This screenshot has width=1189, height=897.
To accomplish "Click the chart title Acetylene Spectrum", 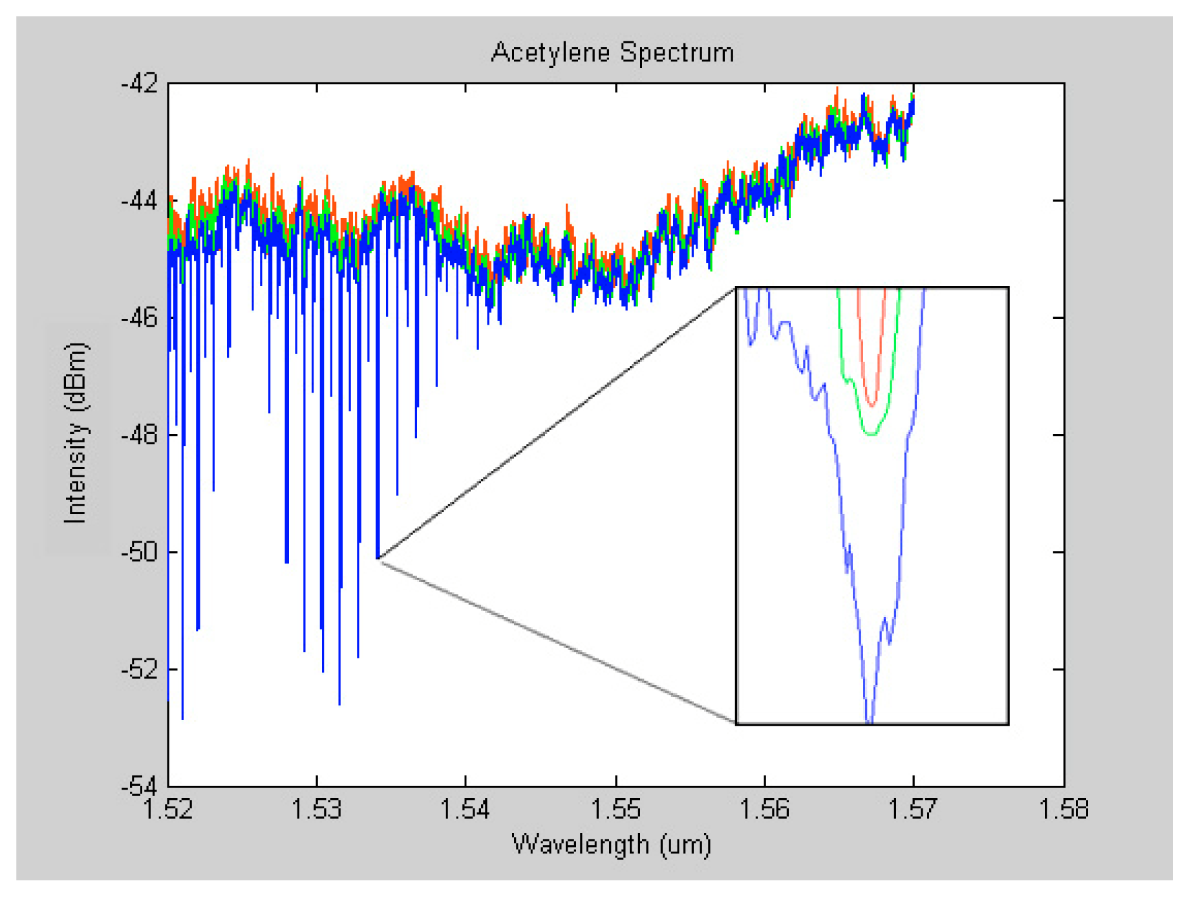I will coord(612,52).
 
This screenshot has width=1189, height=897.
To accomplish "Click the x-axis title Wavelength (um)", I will coord(611,844).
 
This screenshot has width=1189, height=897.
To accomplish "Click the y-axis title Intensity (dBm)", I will coord(76,432).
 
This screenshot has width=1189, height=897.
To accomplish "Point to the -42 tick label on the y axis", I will coord(139,83).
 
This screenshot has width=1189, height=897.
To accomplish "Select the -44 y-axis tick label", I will coord(139,200).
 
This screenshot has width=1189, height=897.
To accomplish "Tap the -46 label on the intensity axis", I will coord(139,318).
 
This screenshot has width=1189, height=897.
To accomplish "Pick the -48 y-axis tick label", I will coord(139,435).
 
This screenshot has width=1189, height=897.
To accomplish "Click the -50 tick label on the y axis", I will coord(139,552).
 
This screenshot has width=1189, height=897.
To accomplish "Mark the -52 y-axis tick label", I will coord(139,669).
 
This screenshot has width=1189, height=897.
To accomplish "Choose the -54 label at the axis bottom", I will coord(139,786).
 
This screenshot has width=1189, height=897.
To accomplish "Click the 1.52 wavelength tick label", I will coord(168,809).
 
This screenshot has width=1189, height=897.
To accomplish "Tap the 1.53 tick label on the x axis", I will coord(317,809).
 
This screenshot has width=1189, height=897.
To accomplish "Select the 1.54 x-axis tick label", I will coord(466,809).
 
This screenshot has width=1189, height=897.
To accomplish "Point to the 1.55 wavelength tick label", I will coord(616,809).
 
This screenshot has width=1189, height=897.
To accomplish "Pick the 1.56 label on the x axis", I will coord(765,809).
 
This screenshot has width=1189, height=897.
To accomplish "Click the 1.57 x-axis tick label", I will coord(914,809).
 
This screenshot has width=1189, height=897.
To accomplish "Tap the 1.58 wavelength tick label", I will coord(1064,809).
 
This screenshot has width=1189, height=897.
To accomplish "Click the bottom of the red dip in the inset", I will coord(873,405).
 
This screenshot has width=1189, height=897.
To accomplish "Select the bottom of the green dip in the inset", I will coord(871,434).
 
